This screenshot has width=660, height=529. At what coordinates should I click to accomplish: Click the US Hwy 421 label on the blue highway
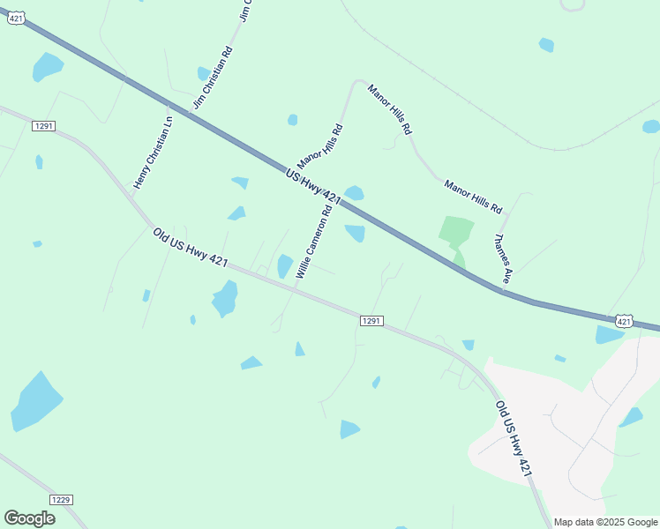pyautogui.click(x=313, y=187)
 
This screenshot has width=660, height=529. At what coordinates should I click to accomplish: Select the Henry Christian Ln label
pyautogui.click(x=153, y=152)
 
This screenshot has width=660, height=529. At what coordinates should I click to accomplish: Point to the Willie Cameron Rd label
pyautogui.click(x=314, y=242)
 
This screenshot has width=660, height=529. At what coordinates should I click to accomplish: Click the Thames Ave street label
pyautogui.click(x=503, y=258)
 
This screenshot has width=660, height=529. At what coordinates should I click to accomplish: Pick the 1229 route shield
pyautogui.click(x=60, y=500)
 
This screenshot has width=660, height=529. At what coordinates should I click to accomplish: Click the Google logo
pyautogui.click(x=29, y=518)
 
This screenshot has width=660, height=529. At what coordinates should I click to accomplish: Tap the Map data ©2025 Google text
pyautogui.click(x=604, y=522)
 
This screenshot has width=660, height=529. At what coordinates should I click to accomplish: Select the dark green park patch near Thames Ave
pyautogui.click(x=455, y=234)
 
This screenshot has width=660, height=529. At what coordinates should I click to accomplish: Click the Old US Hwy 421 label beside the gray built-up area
pyautogui.click(x=514, y=439)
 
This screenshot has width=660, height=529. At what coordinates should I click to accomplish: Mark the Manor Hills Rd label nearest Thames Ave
pyautogui.click(x=473, y=197)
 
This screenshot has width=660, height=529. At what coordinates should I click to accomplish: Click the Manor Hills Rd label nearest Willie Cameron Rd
pyautogui.click(x=320, y=146)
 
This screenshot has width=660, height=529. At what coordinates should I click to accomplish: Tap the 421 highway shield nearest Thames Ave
pyautogui.click(x=624, y=321)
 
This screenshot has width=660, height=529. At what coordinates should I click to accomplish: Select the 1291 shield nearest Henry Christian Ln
pyautogui.click(x=43, y=126)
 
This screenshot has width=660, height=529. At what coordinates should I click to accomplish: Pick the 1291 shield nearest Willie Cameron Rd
pyautogui.click(x=371, y=321)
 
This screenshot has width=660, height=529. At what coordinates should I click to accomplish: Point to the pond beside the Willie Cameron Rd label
pyautogui.click(x=285, y=266)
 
